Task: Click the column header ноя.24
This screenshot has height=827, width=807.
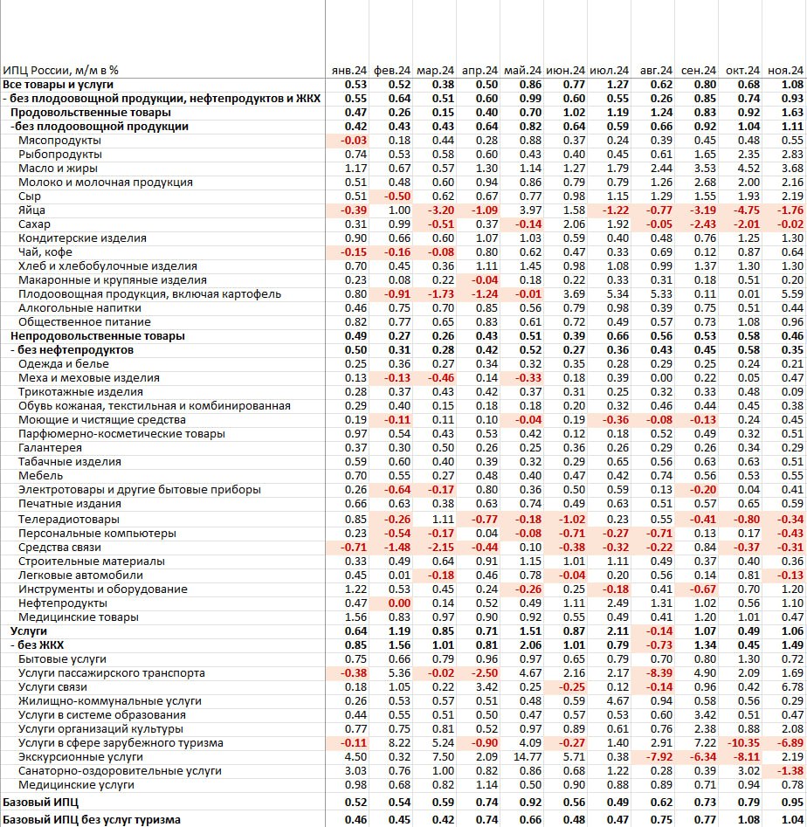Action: click(785, 70)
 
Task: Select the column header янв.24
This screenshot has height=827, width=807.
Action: click(348, 70)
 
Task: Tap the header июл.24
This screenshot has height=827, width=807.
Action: click(609, 70)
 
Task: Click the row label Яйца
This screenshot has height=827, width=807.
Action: click(31, 210)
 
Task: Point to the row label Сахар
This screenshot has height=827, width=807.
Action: click(34, 224)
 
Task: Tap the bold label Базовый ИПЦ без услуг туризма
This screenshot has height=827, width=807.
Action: click(92, 819)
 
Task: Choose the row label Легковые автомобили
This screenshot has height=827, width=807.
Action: click(68, 575)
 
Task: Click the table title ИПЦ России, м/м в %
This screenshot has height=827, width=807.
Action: click(60, 70)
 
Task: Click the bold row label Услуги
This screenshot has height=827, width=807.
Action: click(29, 631)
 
